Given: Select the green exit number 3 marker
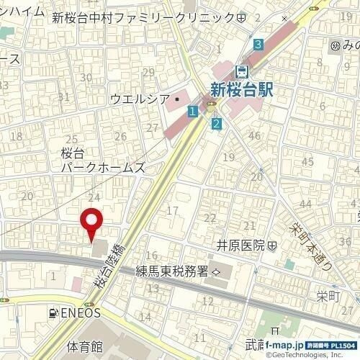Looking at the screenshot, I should click(x=258, y=45).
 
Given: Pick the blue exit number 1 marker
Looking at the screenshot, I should click(x=192, y=112).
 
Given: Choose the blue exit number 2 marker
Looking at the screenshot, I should click(x=215, y=123).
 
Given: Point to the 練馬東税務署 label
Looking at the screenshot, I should click(x=173, y=271).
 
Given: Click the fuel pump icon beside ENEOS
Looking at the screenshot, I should click(x=53, y=313).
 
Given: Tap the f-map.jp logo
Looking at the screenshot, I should click(x=284, y=346).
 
